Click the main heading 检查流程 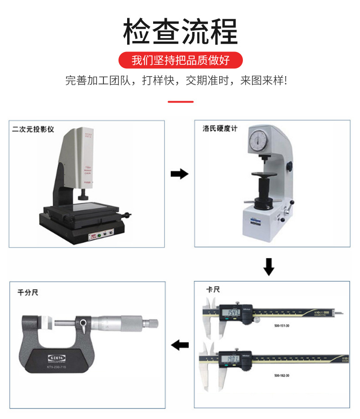click(x=180, y=32)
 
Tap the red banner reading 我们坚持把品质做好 click(x=180, y=60)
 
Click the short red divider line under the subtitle click(x=180, y=102)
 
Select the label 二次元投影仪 click(x=33, y=129)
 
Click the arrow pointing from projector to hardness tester click(x=179, y=174)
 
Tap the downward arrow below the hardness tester click(x=269, y=267)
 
